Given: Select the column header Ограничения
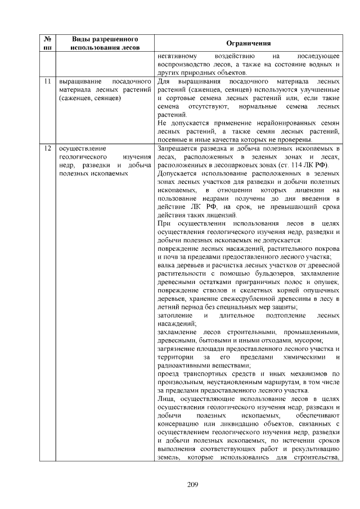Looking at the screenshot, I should tap(248, 43).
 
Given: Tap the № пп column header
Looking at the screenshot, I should tap(48, 43).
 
